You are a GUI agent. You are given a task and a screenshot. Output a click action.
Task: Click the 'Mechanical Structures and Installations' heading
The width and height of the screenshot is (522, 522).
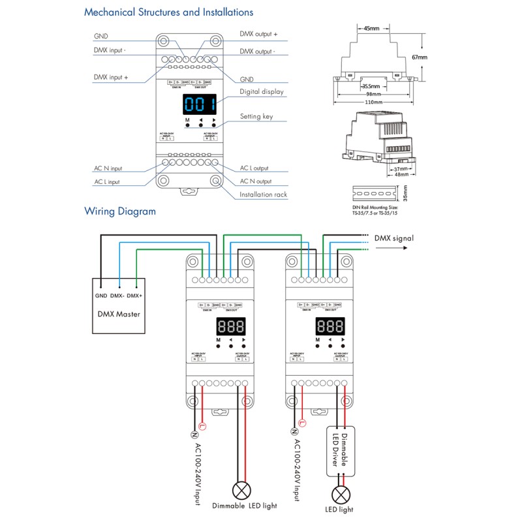[x=169, y=12]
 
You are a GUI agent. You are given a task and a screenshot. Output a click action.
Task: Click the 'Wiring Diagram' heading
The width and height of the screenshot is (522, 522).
[x=120, y=211]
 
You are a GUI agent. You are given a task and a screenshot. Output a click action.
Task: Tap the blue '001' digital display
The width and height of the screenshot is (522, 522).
[x=200, y=104]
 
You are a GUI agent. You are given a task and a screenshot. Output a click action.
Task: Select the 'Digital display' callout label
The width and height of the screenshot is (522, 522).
[x=262, y=92]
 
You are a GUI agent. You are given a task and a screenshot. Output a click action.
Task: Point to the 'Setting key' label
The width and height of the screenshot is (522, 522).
[x=256, y=117]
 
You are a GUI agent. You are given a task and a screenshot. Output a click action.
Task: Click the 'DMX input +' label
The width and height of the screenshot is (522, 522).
[x=111, y=77]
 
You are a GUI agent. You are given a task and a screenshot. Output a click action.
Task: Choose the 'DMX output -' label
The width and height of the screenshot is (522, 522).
[x=257, y=51]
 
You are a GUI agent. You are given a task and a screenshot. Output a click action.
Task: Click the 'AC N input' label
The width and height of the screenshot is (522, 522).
[x=108, y=168]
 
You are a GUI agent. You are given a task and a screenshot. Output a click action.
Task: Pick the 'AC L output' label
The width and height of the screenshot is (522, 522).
[x=254, y=168]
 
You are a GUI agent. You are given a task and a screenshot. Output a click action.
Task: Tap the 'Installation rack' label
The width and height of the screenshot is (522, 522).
[x=263, y=194]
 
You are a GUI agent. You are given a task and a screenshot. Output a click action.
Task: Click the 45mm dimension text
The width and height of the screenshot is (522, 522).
[x=371, y=29]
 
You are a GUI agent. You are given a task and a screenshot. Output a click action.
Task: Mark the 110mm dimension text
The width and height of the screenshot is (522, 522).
[x=373, y=102]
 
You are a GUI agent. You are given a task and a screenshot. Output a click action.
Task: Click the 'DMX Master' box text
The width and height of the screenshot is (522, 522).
[x=118, y=314]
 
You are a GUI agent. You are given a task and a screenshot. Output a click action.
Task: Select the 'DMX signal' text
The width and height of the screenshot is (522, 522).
[x=394, y=239]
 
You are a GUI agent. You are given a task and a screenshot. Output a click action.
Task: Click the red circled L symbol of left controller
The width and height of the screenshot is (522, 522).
[x=202, y=426]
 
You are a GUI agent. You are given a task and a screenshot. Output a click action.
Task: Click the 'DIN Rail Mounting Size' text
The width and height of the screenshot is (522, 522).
[x=375, y=206]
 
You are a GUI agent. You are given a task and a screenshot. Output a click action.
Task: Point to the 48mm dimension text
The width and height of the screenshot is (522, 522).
[x=400, y=174]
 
